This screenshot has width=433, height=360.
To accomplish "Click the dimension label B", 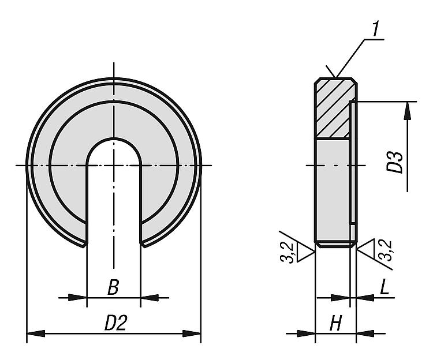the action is coord(113,287).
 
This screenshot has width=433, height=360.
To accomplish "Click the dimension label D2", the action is coord(115,322).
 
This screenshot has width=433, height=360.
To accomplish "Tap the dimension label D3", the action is coord(395,163).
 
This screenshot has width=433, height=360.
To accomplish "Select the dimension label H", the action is coord(336,322).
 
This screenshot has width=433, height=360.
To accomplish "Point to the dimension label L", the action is coord(385,287).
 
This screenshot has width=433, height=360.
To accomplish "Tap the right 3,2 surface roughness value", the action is coord(385,250).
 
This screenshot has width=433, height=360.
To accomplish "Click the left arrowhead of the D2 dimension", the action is coord(36,333).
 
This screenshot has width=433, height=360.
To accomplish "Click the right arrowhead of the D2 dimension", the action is coord(192,333).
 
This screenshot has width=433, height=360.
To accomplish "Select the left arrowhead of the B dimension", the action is coord(77,298).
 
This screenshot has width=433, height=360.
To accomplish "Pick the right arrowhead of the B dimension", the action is coord(150,298).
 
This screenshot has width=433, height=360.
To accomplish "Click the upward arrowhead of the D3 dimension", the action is coord(408,111).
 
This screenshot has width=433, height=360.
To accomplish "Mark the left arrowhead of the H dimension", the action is coord(306,333).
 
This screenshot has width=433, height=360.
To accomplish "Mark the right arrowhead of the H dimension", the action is coord(365,333).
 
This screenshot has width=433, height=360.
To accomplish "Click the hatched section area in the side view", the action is coord(333,109).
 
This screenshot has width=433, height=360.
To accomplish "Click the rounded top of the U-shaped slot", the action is coord(114,139).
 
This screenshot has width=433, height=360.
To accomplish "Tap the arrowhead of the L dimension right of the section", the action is coord(365,298).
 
